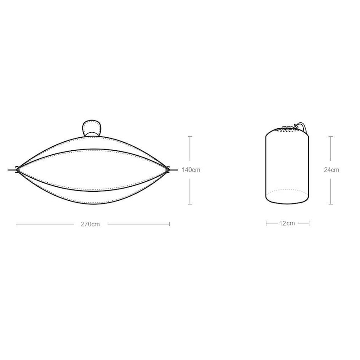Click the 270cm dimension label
(90, 224)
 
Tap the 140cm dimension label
(191, 170)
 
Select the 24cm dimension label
(331, 170)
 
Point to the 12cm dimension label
(287, 223)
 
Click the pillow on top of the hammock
(92, 128)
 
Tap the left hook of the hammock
(17, 170)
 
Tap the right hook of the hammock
(168, 170)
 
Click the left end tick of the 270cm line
(16, 224)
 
